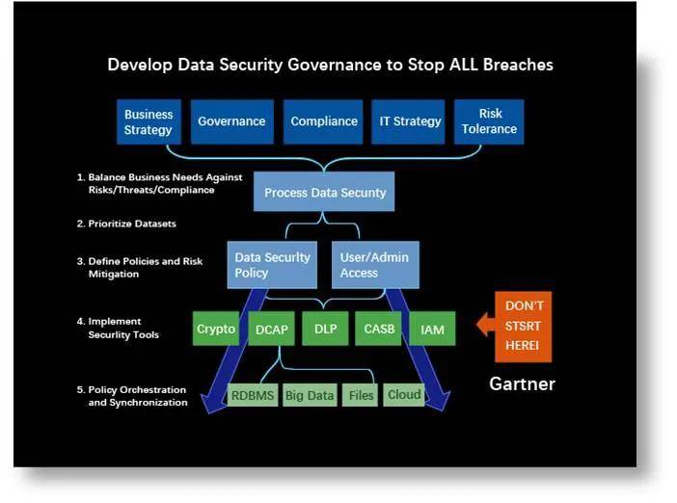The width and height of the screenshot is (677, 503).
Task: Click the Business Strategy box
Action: click(149, 122)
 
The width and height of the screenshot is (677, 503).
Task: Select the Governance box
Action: click(231, 121)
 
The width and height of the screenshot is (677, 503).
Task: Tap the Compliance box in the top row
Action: click(323, 121)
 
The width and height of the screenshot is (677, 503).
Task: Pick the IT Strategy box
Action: click(408, 121)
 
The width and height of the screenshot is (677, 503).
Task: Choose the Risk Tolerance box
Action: click(489, 121)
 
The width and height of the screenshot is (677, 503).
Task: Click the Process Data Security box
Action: click(324, 192)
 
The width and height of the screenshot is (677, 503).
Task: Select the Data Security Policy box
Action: click(272, 265)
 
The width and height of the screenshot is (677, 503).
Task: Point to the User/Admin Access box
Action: click(375, 265)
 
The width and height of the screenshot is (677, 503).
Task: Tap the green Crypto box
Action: click(215, 329)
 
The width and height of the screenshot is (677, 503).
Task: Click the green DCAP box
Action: click(271, 329)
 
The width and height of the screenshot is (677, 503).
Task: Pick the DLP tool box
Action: click(325, 329)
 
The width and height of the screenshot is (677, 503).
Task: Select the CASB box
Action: click(378, 329)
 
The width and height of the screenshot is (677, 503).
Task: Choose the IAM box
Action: click(432, 329)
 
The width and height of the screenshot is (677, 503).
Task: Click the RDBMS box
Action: click(253, 395)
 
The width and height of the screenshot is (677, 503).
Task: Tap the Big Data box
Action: click(310, 395)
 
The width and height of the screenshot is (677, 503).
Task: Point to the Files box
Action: click(360, 395)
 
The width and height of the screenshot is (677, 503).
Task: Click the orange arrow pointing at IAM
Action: click(486, 325)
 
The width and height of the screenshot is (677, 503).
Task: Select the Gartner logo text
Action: click(522, 384)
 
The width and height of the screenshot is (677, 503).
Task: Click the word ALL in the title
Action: click(463, 65)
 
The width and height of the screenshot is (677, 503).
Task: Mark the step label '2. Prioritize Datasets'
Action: click(126, 224)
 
